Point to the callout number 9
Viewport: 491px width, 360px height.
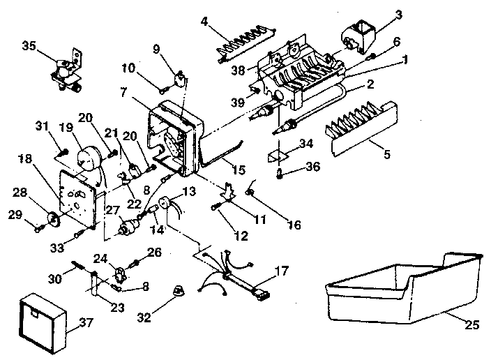[157, 49]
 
